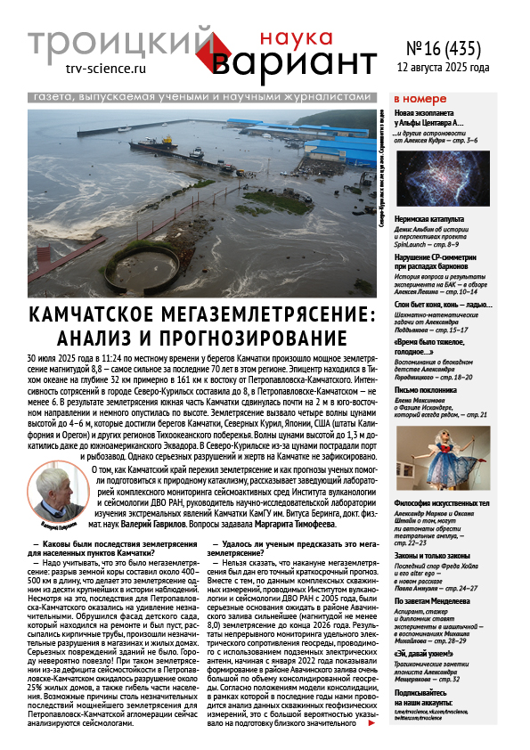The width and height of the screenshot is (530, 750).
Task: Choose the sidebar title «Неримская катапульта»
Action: click(x=430, y=218)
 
